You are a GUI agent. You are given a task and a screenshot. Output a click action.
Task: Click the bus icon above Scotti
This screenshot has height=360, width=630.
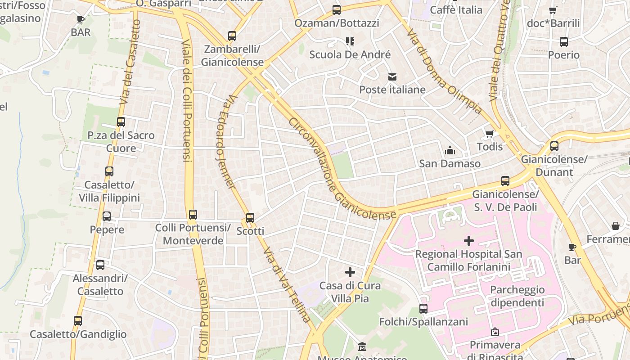coord(250,218)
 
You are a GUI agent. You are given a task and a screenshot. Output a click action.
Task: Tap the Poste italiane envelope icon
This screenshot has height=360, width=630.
coord(392,77)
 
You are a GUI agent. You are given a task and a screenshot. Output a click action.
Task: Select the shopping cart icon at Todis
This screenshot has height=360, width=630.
coord(490,134)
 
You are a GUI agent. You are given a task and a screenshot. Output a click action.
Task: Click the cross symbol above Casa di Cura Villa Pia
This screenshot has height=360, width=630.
coord(350,272)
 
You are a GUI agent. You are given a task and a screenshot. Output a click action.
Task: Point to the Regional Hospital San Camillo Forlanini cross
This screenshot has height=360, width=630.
coord(468,241)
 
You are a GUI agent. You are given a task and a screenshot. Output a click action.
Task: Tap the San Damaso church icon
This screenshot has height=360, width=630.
coord(450,150)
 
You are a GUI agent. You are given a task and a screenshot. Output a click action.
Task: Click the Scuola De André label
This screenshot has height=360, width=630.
coord(350,55)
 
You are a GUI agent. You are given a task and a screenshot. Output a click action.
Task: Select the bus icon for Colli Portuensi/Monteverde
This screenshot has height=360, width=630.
coord(193,215)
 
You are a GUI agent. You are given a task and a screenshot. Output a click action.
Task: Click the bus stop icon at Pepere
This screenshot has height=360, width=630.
coord(107,216)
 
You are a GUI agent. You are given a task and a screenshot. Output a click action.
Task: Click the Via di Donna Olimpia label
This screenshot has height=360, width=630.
coord(443,72)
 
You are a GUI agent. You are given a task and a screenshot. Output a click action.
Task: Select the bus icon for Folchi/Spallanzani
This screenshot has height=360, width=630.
coord(423,309)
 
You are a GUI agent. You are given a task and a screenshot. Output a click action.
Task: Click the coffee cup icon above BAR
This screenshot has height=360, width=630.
coord(81,19)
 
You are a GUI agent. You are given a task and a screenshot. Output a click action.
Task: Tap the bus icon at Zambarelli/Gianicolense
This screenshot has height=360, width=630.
coord(232,36)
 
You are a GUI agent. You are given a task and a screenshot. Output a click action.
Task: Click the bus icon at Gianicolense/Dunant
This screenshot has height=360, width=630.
coord(554,146)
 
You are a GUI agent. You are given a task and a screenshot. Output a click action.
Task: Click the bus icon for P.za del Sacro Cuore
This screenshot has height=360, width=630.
coord(121,122)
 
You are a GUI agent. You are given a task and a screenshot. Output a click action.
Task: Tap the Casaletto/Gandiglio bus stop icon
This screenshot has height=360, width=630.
coord(78,321)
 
